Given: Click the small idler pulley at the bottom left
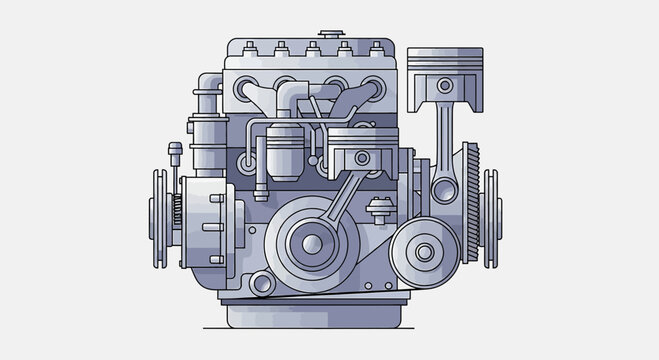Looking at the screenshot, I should [263, 284].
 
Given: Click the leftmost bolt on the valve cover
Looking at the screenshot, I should [250, 48].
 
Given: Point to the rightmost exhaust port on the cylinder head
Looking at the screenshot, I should [374, 92].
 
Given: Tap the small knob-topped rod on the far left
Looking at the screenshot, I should [176, 155].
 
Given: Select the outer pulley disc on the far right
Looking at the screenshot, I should [491, 218].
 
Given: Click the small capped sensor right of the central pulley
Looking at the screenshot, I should [378, 211].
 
